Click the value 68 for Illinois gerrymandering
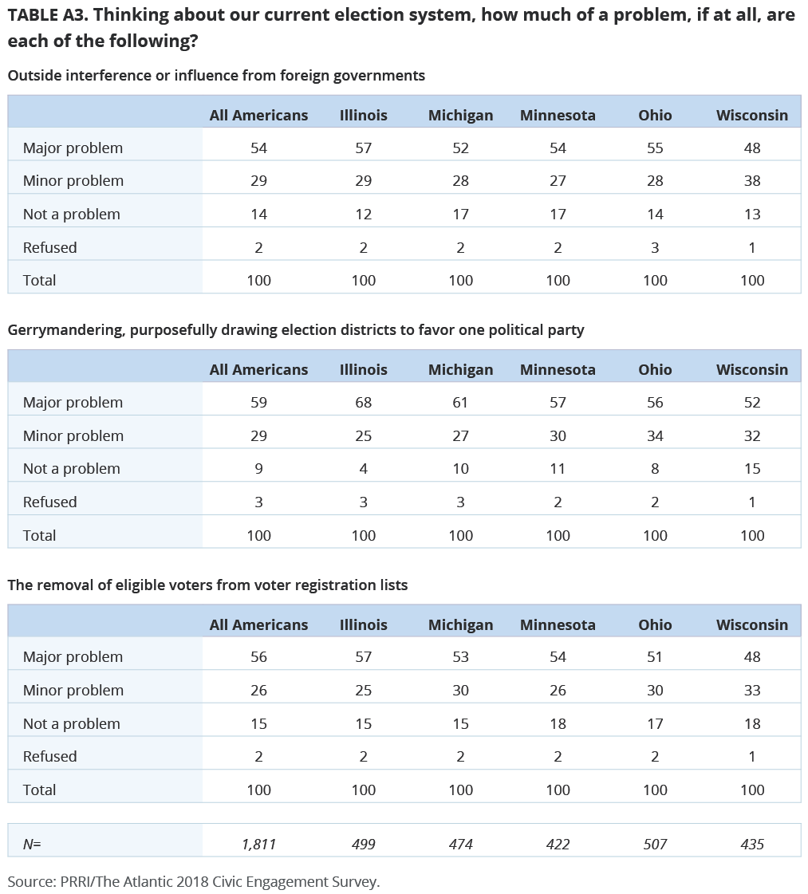tap(363, 403)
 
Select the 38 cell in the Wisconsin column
tap(752, 181)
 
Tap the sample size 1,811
tap(259, 845)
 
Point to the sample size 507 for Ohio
tap(655, 845)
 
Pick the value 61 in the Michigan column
tap(460, 403)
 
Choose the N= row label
tap(32, 845)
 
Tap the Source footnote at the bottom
tap(194, 881)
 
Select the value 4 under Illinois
tap(363, 469)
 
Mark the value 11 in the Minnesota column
tap(558, 469)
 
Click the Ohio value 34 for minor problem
tap(655, 436)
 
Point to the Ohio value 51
tap(655, 657)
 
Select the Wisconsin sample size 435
tap(752, 845)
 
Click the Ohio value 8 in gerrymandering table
tap(655, 469)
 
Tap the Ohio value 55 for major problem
tap(655, 148)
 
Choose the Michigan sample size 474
tap(461, 845)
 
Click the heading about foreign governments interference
tap(217, 76)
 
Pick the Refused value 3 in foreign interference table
tap(655, 248)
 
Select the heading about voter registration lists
tap(207, 585)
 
